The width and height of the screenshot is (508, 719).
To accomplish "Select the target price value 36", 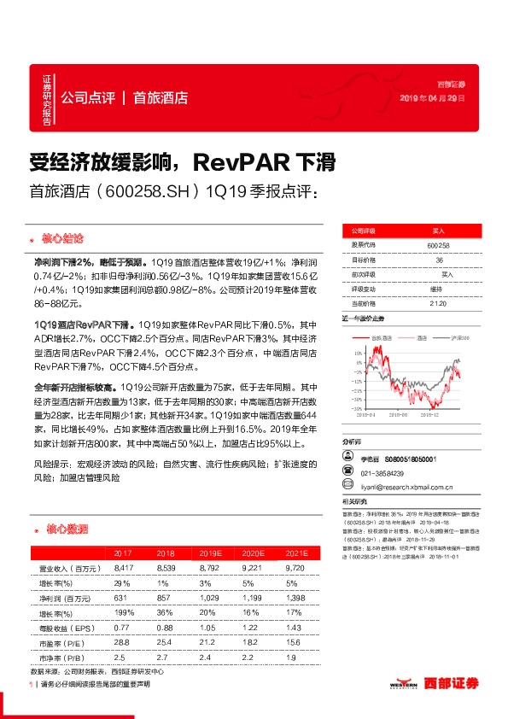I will [438, 260].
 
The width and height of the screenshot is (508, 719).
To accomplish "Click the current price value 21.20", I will [438, 302].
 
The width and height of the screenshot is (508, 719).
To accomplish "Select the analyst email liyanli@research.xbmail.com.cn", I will [406, 487].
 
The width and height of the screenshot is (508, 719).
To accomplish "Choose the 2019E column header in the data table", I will [207, 553].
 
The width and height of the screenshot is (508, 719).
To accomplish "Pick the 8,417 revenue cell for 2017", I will [123, 567].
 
